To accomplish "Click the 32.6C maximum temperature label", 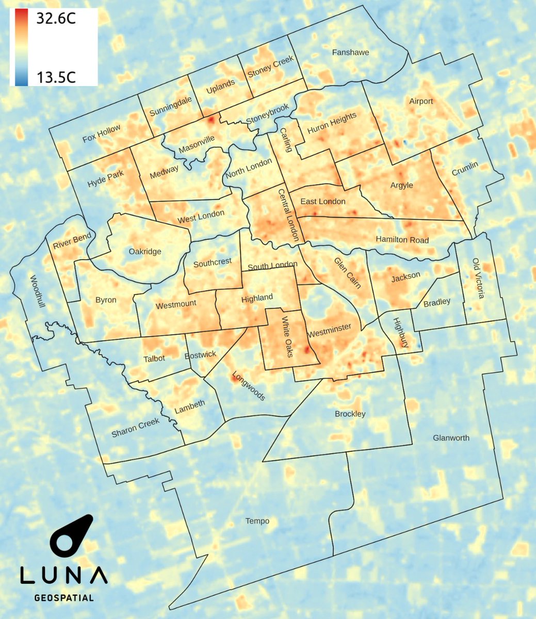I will pyautogui.click(x=56, y=19).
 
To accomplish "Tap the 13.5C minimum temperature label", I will pyautogui.click(x=56, y=77).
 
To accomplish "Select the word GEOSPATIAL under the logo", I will pyautogui.click(x=64, y=598).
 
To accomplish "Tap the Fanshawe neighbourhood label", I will pyautogui.click(x=350, y=52).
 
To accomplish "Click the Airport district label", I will pyautogui.click(x=421, y=101).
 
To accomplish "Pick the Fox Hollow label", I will pyautogui.click(x=101, y=134).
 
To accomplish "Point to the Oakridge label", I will pyautogui.click(x=145, y=252).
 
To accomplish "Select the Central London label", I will pyautogui.click(x=288, y=215).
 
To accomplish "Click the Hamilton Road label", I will pyautogui.click(x=402, y=239).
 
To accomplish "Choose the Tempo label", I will pyautogui.click(x=257, y=521).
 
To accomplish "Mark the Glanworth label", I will pyautogui.click(x=451, y=437).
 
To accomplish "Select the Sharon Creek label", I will pyautogui.click(x=135, y=428).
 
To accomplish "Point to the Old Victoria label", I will pyautogui.click(x=479, y=279).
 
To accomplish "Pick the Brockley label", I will pyautogui.click(x=350, y=414).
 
